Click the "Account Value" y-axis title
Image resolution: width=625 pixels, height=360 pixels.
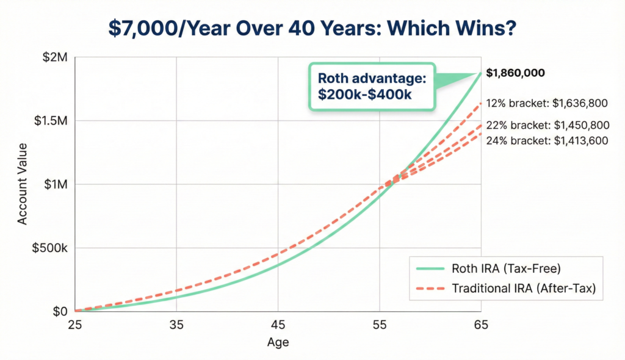23,184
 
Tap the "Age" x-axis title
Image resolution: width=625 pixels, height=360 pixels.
278,343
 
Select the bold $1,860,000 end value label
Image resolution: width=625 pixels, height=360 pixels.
516,73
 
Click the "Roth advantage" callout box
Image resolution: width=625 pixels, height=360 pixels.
372,87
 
